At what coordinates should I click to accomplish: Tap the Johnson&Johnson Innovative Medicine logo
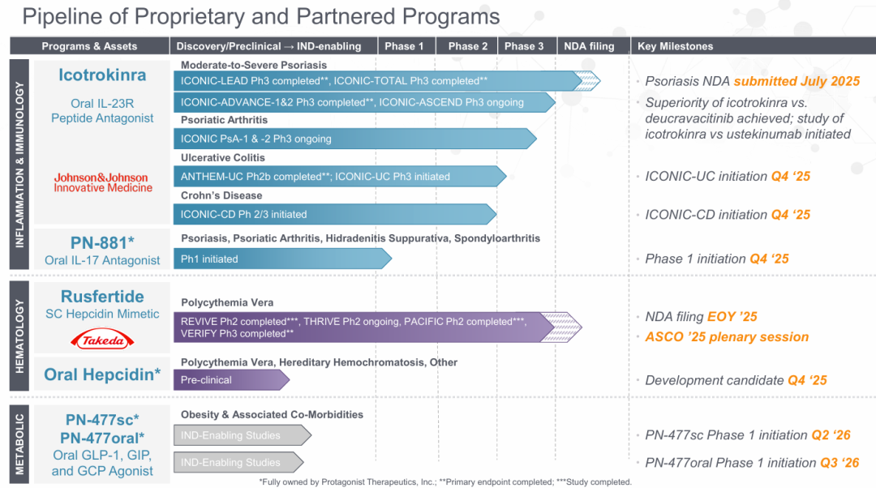point(102,182)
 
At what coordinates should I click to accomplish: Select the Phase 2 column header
point(467,46)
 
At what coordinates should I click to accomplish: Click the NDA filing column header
point(589,46)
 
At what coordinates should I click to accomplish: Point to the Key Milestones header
point(676,46)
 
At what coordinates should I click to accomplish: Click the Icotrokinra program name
point(102,75)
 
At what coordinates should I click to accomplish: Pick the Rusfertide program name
point(102,296)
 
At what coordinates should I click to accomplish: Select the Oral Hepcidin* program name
point(102,374)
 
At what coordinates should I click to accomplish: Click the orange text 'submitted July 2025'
point(797,81)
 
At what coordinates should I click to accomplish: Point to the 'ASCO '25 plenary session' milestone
point(727,336)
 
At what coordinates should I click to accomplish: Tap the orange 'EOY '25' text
point(744,316)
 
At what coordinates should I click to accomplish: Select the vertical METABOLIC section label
point(21,444)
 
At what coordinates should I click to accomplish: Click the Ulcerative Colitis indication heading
point(222,157)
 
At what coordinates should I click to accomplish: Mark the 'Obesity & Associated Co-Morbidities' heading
point(272,414)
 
